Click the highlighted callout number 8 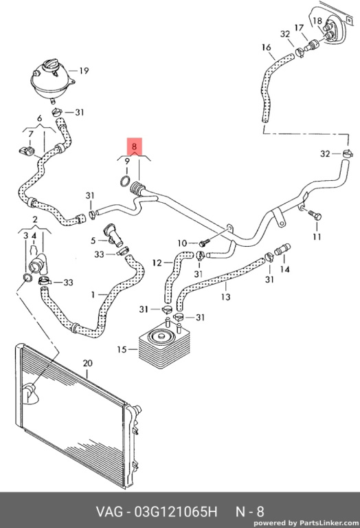pyautogui.click(x=135, y=146)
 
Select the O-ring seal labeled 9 pyautogui.click(x=125, y=181)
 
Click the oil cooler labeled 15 pyautogui.click(x=164, y=346)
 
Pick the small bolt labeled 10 pyautogui.click(x=205, y=242)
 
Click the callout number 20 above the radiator pyautogui.click(x=87, y=364)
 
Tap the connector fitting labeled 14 pyautogui.click(x=282, y=250)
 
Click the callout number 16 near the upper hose pyautogui.click(x=266, y=47)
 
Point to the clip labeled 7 pyautogui.click(x=27, y=151)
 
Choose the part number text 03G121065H pyautogui.click(x=176, y=511)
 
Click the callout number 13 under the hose pyautogui.click(x=226, y=297)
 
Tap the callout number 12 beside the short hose pyautogui.click(x=157, y=263)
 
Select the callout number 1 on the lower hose pyautogui.click(x=93, y=295)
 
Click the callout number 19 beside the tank pyautogui.click(x=84, y=71)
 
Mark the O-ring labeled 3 pyautogui.click(x=27, y=278)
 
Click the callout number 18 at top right pyautogui.click(x=317, y=21)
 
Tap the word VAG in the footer pyautogui.click(x=109, y=511)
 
